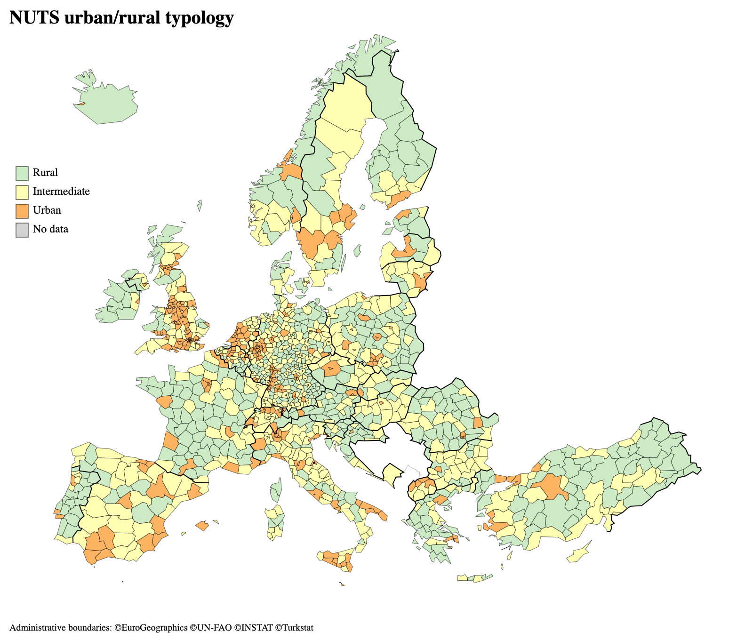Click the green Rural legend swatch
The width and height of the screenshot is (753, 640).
(22, 173)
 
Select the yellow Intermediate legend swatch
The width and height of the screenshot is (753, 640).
(22, 192)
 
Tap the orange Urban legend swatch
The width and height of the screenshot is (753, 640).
(22, 211)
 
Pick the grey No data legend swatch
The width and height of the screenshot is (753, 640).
(22, 230)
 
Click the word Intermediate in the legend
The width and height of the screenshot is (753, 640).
(61, 192)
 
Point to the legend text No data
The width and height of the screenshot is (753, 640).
(50, 229)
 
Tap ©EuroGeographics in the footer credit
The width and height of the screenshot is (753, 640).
(151, 628)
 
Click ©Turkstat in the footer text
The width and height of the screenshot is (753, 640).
(294, 628)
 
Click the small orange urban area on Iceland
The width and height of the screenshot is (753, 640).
(81, 104)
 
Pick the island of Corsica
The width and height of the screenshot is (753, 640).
(276, 490)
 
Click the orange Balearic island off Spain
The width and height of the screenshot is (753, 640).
(202, 525)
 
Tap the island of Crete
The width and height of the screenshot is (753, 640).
(474, 578)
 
